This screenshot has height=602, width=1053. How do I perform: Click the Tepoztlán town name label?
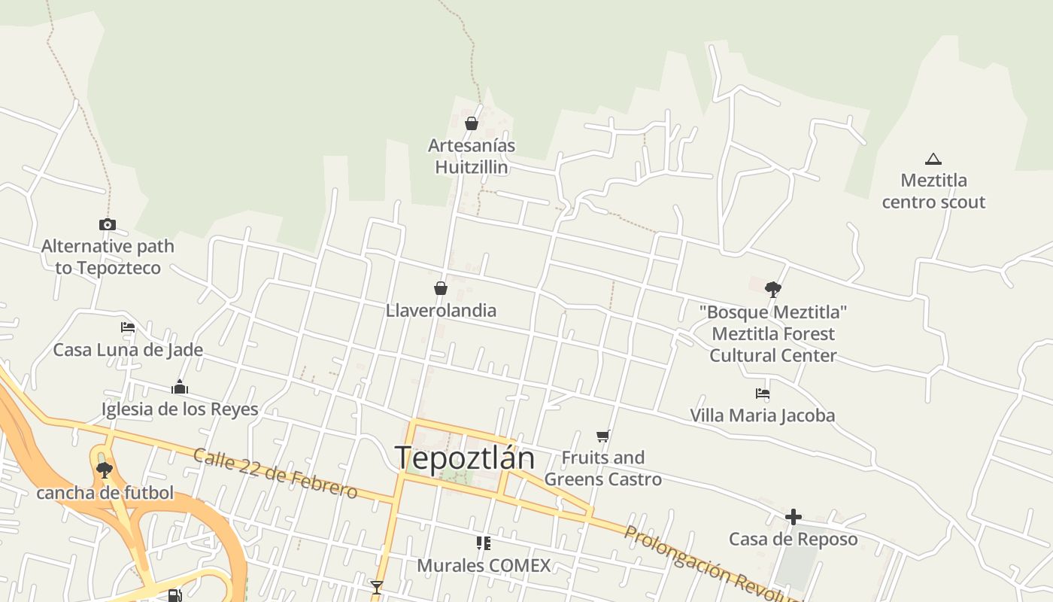[x=464, y=458]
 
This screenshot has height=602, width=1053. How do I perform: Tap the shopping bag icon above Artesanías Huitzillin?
[x=472, y=123]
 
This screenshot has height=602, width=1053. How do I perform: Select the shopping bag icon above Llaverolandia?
[x=441, y=288]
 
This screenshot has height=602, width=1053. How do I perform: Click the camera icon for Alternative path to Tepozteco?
[x=108, y=224]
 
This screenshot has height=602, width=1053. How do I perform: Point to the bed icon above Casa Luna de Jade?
[x=128, y=327]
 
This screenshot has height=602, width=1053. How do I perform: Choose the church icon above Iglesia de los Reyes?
[x=180, y=388]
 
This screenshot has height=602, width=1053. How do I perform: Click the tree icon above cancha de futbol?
[x=105, y=470]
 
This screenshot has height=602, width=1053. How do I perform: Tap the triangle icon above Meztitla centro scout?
[x=933, y=159]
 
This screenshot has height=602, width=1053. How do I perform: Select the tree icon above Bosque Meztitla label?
[x=772, y=289]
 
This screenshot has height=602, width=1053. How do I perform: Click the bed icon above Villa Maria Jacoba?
[x=763, y=393]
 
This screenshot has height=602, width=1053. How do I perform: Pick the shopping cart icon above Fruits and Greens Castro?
[x=602, y=436]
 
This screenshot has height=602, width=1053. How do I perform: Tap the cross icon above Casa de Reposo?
[x=793, y=517]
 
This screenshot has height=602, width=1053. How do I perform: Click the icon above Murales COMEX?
[x=484, y=543]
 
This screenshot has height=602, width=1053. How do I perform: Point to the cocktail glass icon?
[x=377, y=587]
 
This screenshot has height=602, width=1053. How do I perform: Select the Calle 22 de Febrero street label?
[x=275, y=473]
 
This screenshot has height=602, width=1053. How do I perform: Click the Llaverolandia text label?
[x=441, y=310]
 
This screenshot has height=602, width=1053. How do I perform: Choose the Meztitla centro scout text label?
[x=933, y=191]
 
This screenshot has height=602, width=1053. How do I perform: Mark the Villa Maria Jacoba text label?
[x=763, y=415]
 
